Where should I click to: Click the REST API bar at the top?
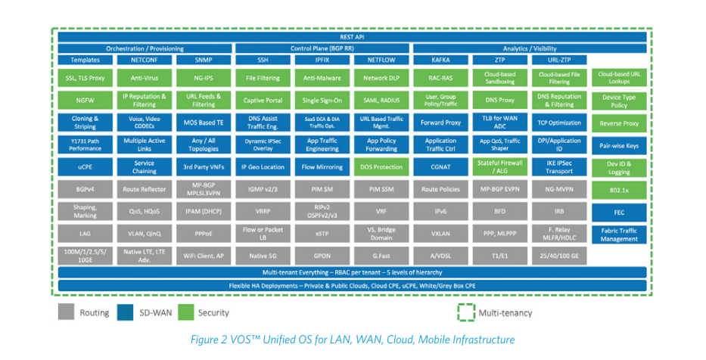click(352, 36)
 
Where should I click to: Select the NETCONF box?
click(144, 59)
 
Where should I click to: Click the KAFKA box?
click(440, 59)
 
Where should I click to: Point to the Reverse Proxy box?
click(619, 123)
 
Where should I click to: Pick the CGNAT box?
click(440, 166)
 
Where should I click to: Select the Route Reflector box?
click(144, 190)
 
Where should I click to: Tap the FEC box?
click(619, 212)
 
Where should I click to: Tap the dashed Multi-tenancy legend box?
click(465, 312)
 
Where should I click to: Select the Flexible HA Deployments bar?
click(352, 286)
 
